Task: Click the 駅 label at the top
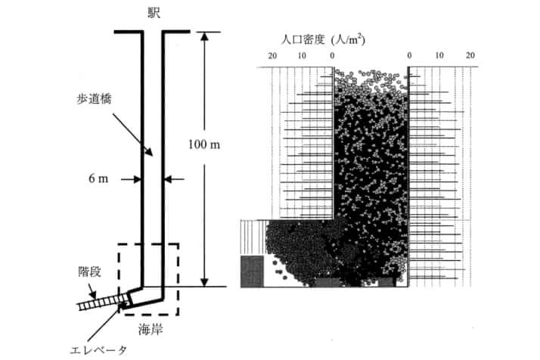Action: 154,14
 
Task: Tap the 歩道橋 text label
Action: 94,99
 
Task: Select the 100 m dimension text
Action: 204,144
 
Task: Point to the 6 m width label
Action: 98,178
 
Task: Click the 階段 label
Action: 89,272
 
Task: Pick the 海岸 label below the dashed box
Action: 151,330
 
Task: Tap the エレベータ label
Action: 98,350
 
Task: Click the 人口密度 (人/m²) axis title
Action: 323,39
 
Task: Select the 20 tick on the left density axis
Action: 272,55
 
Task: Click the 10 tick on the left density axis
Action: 302,55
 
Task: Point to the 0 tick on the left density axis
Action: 332,55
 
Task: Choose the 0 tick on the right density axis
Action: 409,55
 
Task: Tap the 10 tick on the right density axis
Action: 439,55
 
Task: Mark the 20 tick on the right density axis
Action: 470,55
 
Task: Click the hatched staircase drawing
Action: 104,303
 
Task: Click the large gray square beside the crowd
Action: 252,271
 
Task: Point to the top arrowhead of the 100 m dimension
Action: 204,36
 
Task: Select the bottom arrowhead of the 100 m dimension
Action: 204,282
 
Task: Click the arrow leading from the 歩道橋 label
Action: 132,135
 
